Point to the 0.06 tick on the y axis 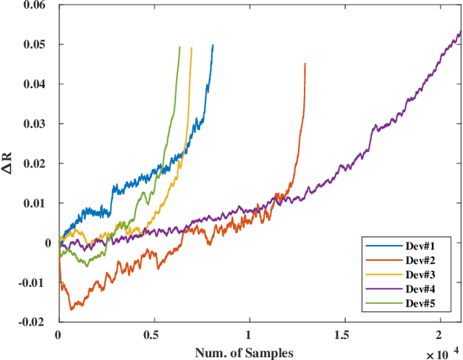[x=33, y=6]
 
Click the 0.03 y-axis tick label [x=33, y=124]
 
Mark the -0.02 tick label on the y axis [x=32, y=321]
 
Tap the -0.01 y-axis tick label [x=32, y=282]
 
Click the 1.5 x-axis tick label [x=344, y=335]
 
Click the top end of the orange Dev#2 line [x=305, y=64]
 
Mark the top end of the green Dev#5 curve [x=179, y=47]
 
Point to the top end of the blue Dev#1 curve [x=213, y=45]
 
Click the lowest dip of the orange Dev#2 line [x=71, y=309]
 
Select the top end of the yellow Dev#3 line [x=191, y=48]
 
